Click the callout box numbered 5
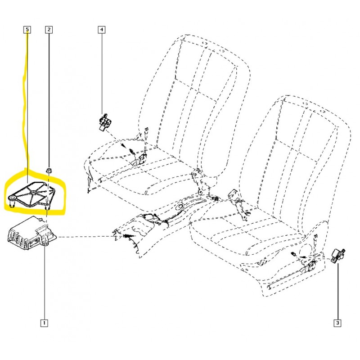click(27, 30)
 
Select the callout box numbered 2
click(49, 30)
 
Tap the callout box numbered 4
click(102, 30)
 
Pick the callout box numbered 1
click(44, 323)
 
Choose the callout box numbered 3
click(337, 323)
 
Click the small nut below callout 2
click(49, 171)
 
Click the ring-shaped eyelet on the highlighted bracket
click(12, 198)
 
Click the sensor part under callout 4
click(104, 122)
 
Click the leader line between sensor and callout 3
click(337, 292)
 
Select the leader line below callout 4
click(102, 73)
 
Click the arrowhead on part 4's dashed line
click(123, 145)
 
